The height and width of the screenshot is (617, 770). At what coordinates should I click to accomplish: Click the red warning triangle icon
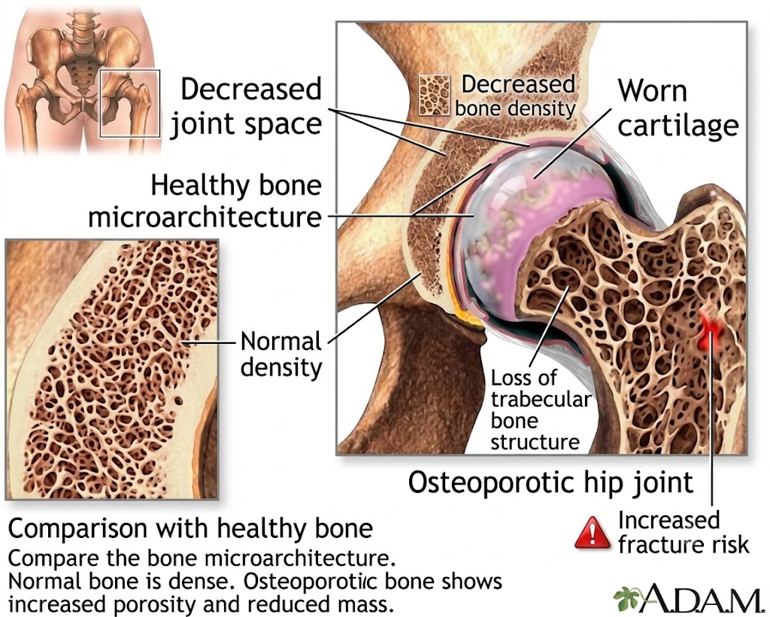pos(593,533)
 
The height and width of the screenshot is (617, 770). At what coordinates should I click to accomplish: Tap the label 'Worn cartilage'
pos(678,108)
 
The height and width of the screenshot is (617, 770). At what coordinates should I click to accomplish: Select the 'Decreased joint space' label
pos(246,106)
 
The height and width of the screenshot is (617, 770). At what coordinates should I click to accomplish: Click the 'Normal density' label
pos(281,354)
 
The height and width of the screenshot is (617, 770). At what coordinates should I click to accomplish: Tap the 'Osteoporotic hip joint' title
pos(550,482)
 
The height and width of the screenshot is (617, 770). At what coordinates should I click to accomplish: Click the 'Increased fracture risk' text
pos(684,533)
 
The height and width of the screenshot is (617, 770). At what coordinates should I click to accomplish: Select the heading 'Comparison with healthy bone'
pos(190,529)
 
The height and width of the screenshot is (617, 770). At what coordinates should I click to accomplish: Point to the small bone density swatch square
pos(434,95)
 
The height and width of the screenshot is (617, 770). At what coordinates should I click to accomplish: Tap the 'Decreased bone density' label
pos(516,96)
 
